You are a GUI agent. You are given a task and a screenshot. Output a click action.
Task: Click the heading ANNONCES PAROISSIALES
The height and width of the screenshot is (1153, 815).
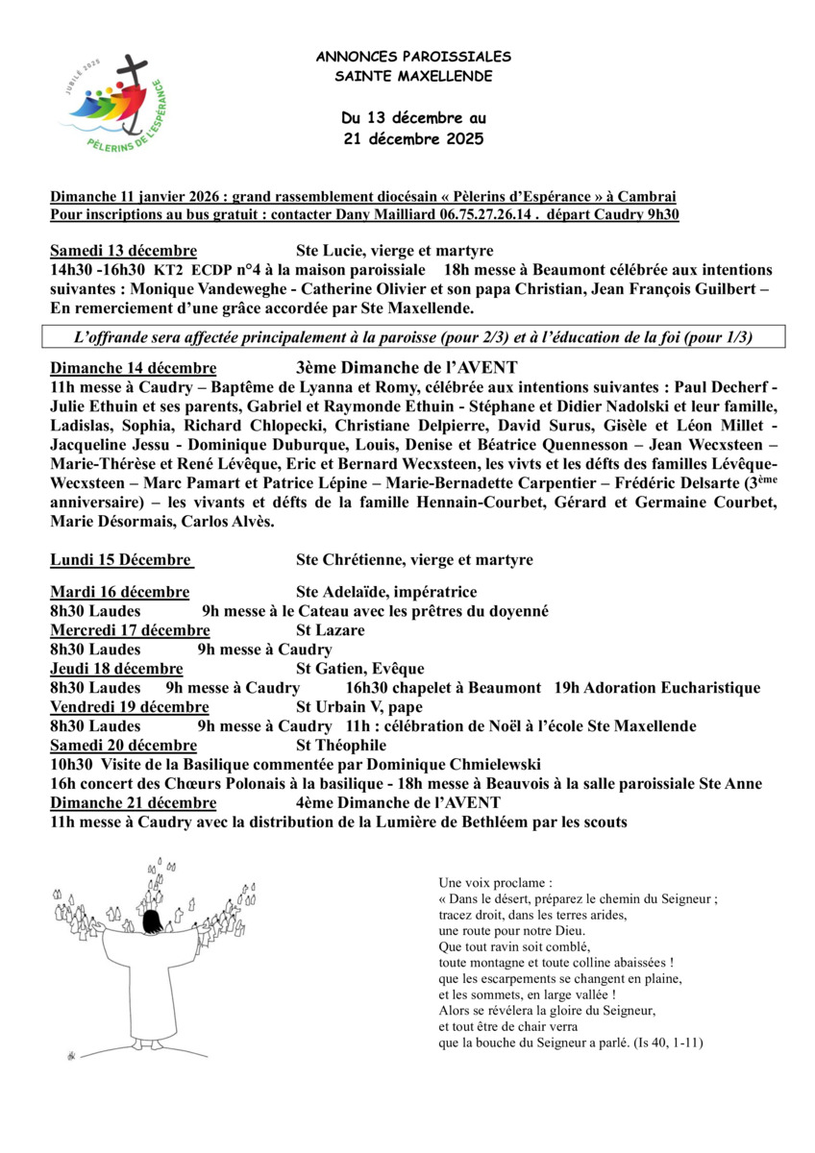[413, 58]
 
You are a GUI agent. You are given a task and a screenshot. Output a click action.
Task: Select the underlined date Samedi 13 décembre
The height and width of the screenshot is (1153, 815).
[123, 251]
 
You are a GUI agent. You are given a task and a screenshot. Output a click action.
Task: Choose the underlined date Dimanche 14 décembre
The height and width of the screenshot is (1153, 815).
[133, 367]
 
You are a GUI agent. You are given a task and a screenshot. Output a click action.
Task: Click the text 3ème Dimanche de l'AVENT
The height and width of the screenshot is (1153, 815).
[407, 367]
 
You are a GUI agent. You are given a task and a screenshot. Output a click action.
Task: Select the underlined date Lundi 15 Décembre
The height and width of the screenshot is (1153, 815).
[121, 560]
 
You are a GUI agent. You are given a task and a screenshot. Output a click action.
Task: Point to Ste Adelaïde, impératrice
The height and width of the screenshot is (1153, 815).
[386, 592]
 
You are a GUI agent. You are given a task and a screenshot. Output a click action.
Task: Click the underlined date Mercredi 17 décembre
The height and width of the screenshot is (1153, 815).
[130, 630]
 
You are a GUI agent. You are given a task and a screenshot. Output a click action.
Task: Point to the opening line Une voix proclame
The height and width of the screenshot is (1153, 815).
[495, 882]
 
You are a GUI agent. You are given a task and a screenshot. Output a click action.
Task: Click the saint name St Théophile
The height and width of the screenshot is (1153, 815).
[340, 746]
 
